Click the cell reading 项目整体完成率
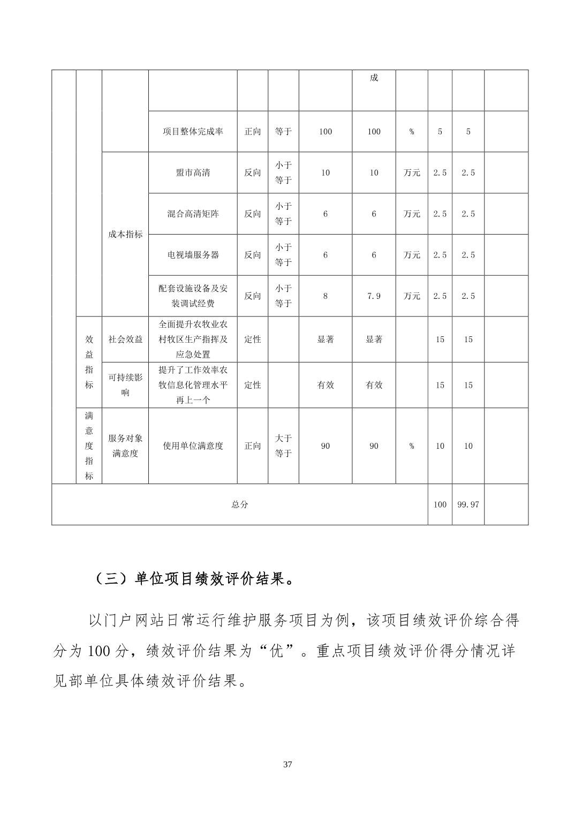(x=193, y=132)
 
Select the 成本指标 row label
(x=125, y=235)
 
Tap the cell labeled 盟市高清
(x=193, y=173)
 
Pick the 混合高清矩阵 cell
(x=193, y=214)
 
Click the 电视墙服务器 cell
(x=193, y=255)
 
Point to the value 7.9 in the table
(x=374, y=296)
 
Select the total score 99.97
(x=468, y=504)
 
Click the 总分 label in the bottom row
(x=239, y=504)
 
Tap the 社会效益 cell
(x=125, y=340)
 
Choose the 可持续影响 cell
(x=125, y=385)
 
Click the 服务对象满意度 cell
(x=125, y=446)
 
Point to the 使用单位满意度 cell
(x=193, y=446)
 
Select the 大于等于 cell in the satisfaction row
(x=283, y=446)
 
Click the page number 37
(x=287, y=764)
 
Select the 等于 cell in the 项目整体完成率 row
(x=283, y=132)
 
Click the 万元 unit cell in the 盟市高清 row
(x=412, y=173)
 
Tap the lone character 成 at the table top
(x=374, y=78)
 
